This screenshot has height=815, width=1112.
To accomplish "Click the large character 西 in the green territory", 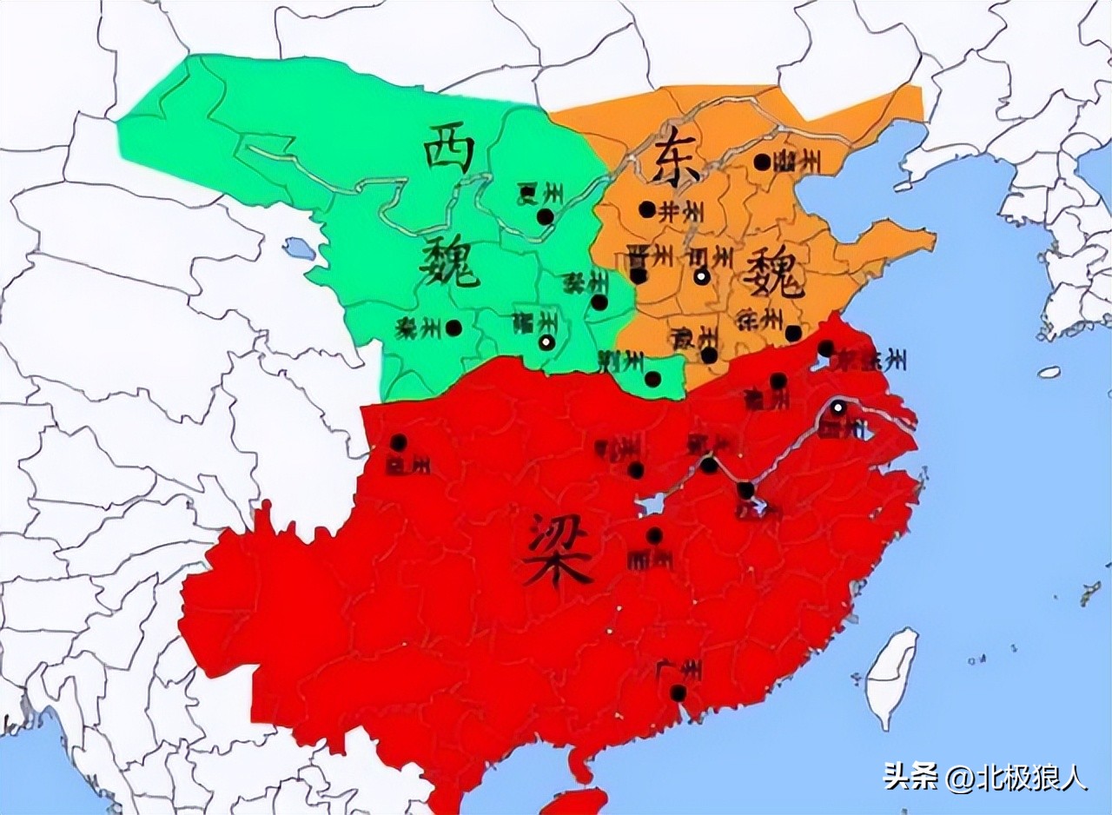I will point(449,149).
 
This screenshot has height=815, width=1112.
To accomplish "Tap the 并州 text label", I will point(680,211).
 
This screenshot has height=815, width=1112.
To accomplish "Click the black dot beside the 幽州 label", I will point(762,162).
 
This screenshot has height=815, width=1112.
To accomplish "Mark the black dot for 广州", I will point(678,692).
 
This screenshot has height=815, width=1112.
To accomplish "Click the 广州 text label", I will point(679,669).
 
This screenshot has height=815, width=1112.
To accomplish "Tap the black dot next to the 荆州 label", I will point(652,379).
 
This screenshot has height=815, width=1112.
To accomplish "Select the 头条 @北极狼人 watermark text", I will point(985,776).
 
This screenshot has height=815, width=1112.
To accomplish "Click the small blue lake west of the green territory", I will point(301,249).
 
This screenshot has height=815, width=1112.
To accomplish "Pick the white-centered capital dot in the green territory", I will point(546,342).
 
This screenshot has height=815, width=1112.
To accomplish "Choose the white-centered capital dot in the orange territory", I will point(701,277).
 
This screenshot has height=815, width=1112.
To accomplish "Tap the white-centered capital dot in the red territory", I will point(837,407).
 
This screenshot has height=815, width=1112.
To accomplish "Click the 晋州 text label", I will point(650,255).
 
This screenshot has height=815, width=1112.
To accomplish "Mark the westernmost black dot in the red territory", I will point(398,442).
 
